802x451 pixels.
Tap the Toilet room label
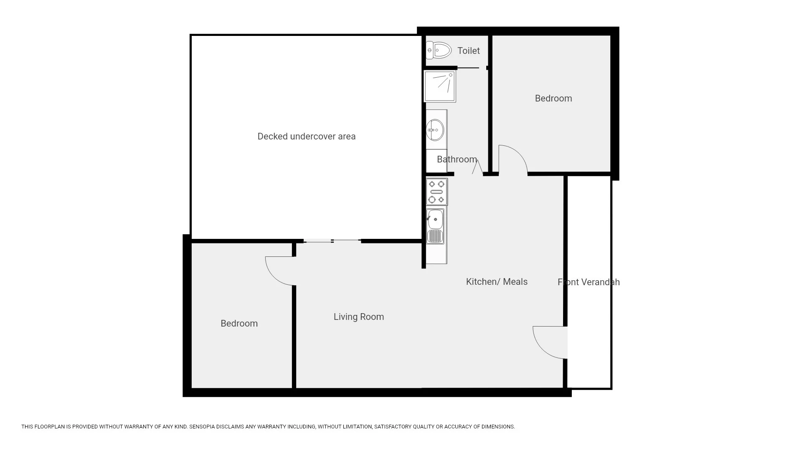coord(468,51)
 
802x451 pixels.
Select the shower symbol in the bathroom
coord(440,86)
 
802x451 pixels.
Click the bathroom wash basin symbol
coord(435,130)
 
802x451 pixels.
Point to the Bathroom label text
coord(457,160)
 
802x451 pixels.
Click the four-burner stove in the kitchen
coord(437,192)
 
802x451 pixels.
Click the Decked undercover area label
coord(306,137)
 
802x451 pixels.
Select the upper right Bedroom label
coord(553,99)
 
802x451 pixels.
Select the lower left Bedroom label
coord(239,324)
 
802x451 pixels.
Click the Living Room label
coord(358,317)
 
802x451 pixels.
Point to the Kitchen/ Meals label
coord(496,282)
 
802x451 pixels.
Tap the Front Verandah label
coord(588,282)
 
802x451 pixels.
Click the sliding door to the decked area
coord(332,241)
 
